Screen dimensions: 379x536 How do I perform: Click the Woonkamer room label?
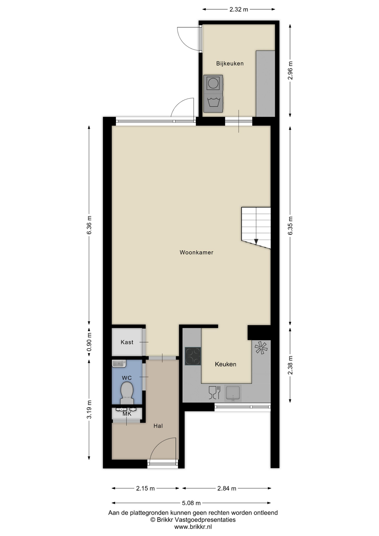pos(196,252)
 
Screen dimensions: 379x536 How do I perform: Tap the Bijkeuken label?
pos(230,63)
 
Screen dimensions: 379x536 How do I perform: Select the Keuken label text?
pos(226,364)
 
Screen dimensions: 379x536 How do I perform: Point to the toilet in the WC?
pos(127,393)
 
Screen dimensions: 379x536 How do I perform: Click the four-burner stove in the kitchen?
pos(193,356)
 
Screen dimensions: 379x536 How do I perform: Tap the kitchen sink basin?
pos(233,393)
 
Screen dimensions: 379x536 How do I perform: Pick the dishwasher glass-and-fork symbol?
pos(215,393)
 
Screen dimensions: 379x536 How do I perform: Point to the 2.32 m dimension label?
pos(239,9)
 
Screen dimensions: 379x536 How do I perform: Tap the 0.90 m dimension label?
pos(89,342)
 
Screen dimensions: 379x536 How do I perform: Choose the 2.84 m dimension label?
pos(227,488)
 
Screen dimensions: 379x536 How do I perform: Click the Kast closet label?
pos(127,342)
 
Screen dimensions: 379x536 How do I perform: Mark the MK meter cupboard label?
pos(127,414)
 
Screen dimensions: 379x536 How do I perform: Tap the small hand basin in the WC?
pos(119,363)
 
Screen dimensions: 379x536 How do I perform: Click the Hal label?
pos(158,426)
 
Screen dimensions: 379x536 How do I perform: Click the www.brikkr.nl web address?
pos(193,527)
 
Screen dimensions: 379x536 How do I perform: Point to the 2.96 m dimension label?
pos(290,70)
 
